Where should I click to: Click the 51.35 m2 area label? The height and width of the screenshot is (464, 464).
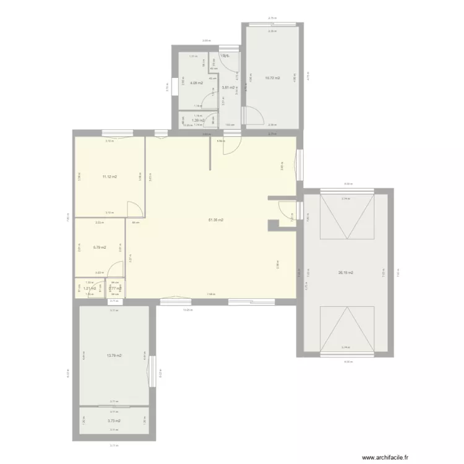[x=216, y=220]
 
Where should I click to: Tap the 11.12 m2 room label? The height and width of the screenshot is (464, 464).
[x=110, y=177]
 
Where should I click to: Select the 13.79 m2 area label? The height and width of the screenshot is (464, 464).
[x=114, y=356]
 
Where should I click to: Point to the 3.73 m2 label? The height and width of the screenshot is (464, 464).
[x=114, y=421]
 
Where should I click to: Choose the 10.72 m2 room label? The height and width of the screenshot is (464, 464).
[x=272, y=78]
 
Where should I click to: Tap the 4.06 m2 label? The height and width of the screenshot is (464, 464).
[x=197, y=82]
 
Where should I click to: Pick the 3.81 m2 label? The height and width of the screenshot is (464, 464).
[x=228, y=87]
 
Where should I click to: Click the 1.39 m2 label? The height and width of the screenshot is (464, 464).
[x=198, y=121]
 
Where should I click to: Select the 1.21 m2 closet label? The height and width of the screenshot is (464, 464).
[x=90, y=288]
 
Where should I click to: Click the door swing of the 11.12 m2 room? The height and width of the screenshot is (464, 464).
[x=135, y=208]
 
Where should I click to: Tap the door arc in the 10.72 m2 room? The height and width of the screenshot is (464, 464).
[x=253, y=116]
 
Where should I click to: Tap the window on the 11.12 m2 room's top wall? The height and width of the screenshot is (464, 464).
[x=117, y=132]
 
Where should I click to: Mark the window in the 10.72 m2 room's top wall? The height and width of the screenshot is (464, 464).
[x=272, y=24]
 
